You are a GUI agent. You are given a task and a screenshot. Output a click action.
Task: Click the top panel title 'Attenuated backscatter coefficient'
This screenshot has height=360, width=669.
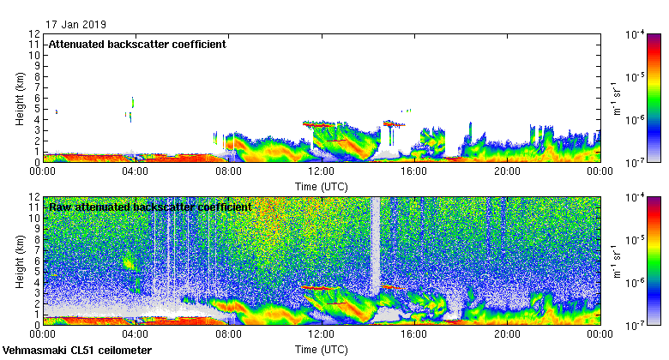[137, 45]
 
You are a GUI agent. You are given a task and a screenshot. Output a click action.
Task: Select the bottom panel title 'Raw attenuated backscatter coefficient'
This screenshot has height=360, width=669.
[149, 207]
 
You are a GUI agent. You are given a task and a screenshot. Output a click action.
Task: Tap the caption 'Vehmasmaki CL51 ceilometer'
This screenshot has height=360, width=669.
[77, 351]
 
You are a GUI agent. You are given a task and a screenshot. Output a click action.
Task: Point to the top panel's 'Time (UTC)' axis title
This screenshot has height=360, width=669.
[321, 185]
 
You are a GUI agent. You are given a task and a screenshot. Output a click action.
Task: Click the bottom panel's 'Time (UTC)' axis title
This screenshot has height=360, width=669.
[321, 350]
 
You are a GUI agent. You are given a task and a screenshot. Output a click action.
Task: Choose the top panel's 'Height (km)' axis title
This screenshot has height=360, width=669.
[20, 98]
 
